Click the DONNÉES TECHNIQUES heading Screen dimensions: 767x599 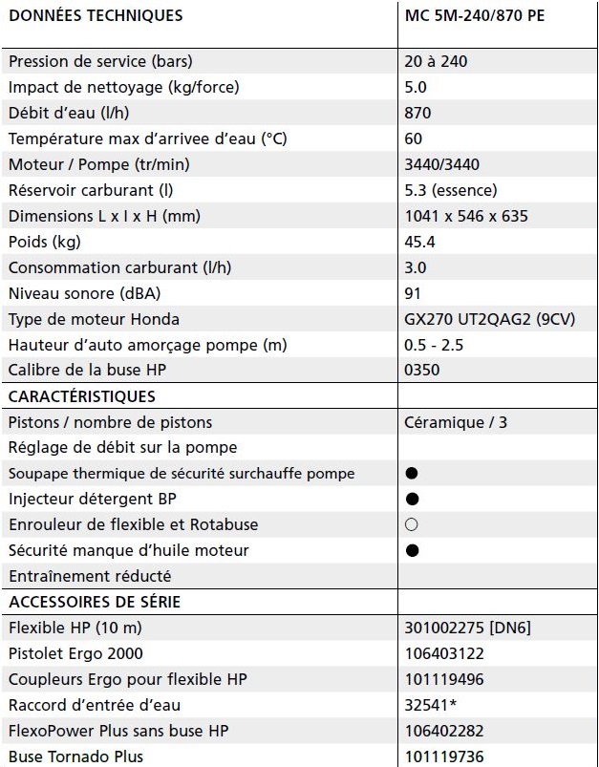(96, 16)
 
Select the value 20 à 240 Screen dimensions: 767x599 (437, 62)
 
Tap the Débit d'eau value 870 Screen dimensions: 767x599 (418, 113)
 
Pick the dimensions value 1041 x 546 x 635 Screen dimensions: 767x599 (466, 216)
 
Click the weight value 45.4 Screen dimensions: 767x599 (420, 242)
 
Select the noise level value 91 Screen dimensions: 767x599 (413, 293)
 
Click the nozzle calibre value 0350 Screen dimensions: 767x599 (423, 370)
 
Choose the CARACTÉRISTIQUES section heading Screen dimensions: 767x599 (81, 395)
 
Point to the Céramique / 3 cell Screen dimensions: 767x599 (457, 421)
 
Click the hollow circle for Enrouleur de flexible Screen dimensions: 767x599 (412, 524)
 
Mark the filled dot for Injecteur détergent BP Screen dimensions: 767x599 (412, 499)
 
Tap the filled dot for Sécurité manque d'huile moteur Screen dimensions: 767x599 (412, 550)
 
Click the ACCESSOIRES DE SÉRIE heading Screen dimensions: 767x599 (94, 602)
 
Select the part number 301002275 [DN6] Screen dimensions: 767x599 (469, 628)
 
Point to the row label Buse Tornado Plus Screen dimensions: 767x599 (75, 756)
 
